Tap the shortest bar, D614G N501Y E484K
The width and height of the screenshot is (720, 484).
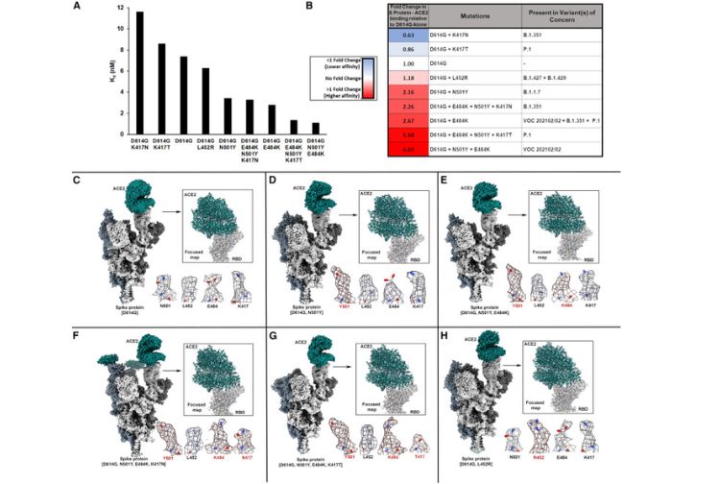point(316,128)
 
